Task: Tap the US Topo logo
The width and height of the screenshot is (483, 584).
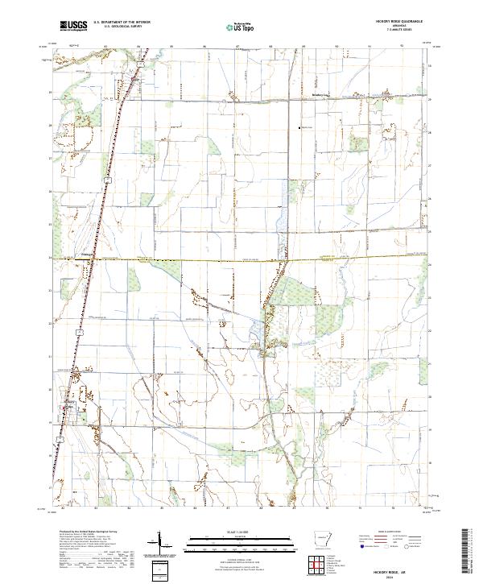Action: pyautogui.click(x=241, y=27)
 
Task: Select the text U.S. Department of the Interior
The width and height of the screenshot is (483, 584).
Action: pyautogui.click(x=122, y=23)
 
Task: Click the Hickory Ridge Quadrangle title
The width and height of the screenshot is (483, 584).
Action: pyautogui.click(x=398, y=22)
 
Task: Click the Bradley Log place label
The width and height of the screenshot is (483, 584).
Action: pyautogui.click(x=299, y=102)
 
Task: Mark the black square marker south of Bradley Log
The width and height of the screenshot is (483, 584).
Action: pyautogui.click(x=299, y=126)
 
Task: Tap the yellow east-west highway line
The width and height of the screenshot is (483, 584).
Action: pyautogui.click(x=242, y=259)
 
